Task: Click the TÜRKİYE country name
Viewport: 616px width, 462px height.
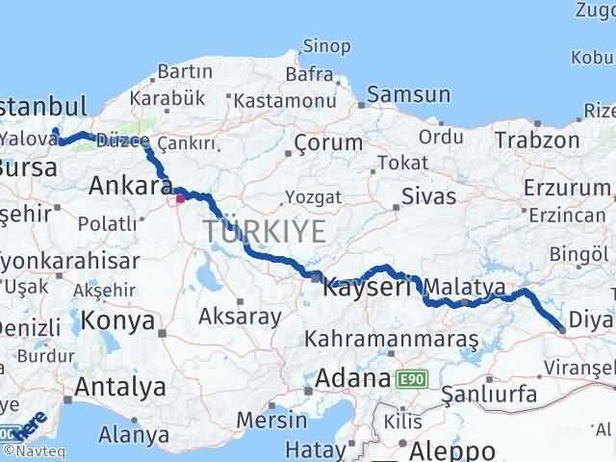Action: coord(264,231)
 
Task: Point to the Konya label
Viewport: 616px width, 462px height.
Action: coord(117,321)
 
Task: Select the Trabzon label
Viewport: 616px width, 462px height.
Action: coord(538,141)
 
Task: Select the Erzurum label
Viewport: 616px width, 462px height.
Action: coord(558,186)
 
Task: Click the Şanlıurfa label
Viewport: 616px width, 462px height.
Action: coord(489,395)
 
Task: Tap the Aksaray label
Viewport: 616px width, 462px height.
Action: coord(240,317)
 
